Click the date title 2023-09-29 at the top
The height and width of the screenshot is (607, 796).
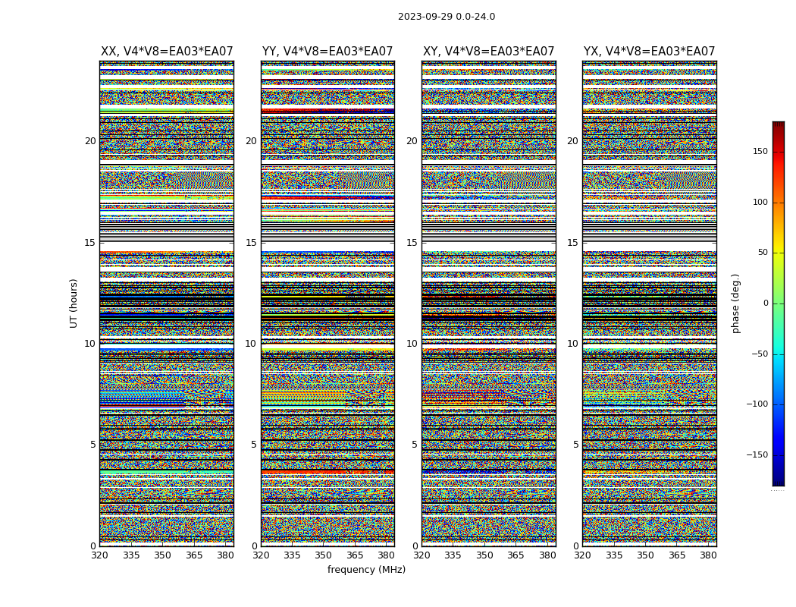446,17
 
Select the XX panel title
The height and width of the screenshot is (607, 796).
167,52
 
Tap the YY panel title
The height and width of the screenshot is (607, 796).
327,52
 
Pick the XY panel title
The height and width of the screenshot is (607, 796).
488,52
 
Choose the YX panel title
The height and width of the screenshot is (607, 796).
649,52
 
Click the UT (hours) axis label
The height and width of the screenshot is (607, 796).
74,303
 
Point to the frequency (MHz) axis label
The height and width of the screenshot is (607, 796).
366,570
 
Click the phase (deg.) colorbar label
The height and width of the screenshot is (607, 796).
735,303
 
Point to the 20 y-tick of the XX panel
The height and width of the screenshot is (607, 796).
90,141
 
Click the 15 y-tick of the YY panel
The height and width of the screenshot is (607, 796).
251,243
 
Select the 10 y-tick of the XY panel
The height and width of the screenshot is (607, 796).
412,344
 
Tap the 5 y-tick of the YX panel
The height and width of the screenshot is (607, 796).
575,445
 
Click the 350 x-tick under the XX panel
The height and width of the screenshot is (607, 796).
162,555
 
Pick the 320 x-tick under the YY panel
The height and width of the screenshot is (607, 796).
261,555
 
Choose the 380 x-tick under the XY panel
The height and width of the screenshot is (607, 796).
547,555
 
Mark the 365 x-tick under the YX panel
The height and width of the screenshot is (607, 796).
676,555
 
